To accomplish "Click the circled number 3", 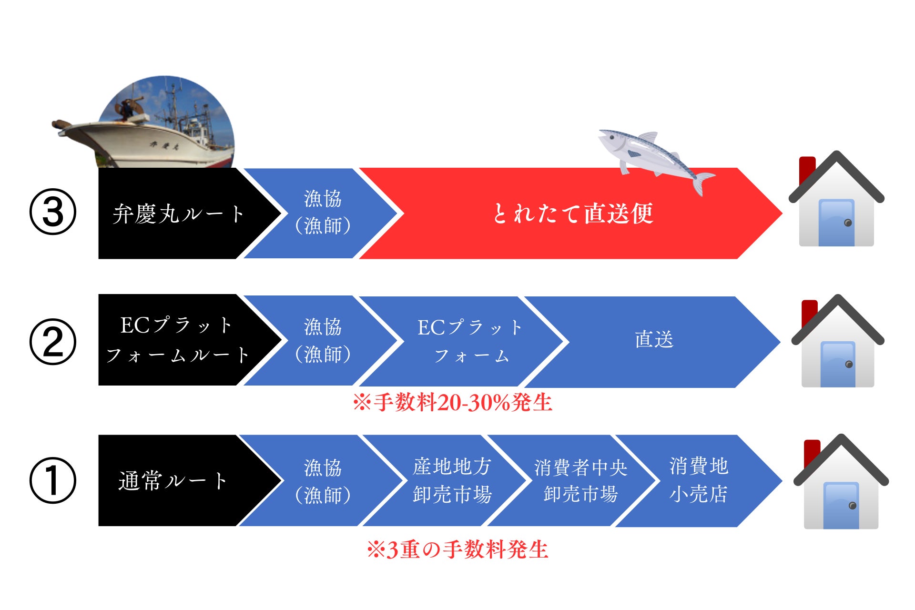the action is pyautogui.click(x=53, y=213).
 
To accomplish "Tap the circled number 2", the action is pyautogui.click(x=53, y=342).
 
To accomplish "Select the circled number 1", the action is pyautogui.click(x=53, y=480).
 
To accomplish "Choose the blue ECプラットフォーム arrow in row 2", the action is pyautogui.click(x=469, y=341).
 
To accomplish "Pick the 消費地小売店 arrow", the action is pyautogui.click(x=699, y=480).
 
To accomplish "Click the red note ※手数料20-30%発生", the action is pyautogui.click(x=452, y=403).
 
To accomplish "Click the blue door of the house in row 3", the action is pyautogui.click(x=836, y=223).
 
